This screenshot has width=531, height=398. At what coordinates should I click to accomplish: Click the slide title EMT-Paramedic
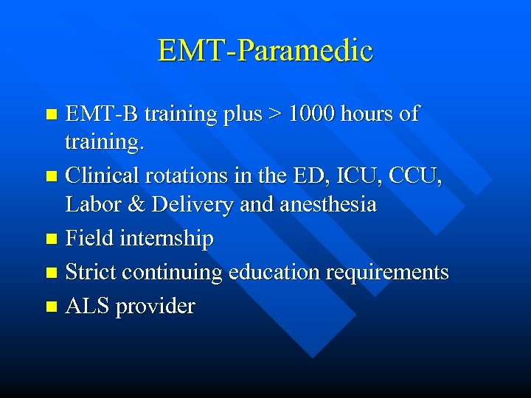click(265, 51)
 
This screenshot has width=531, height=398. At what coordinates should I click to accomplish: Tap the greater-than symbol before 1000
click(274, 114)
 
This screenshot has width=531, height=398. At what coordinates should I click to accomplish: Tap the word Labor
click(91, 204)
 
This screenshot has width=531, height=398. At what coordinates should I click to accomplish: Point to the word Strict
click(91, 273)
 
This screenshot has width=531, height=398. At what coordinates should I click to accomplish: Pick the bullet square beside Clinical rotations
click(51, 177)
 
